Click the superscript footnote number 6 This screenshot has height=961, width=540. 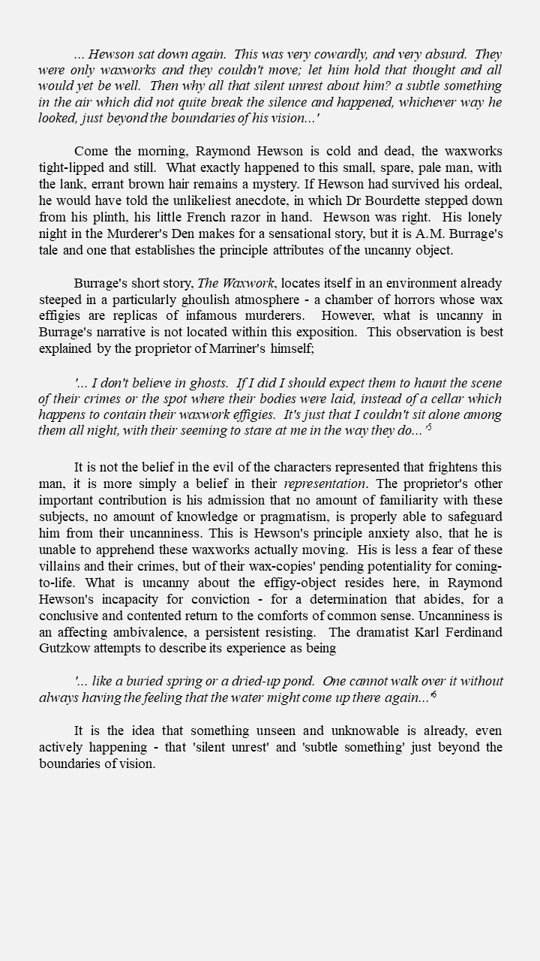tap(434, 695)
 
